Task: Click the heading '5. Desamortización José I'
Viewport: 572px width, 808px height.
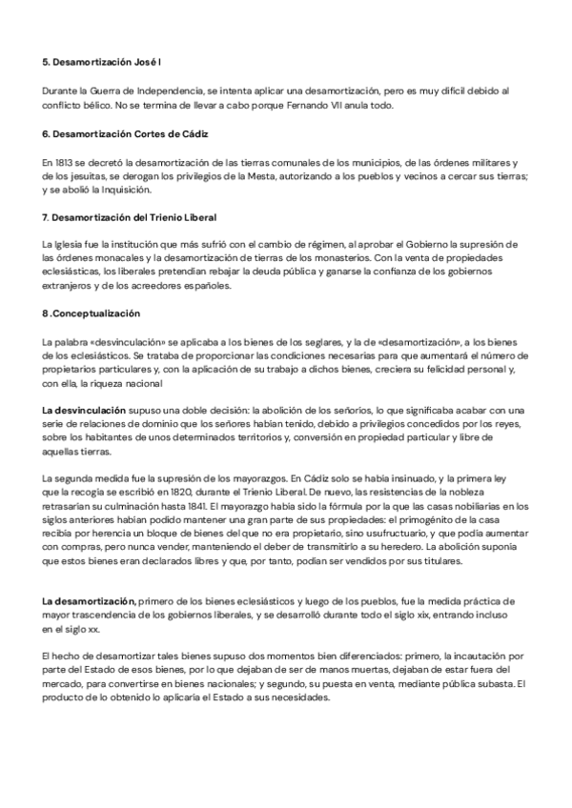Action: [101, 62]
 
